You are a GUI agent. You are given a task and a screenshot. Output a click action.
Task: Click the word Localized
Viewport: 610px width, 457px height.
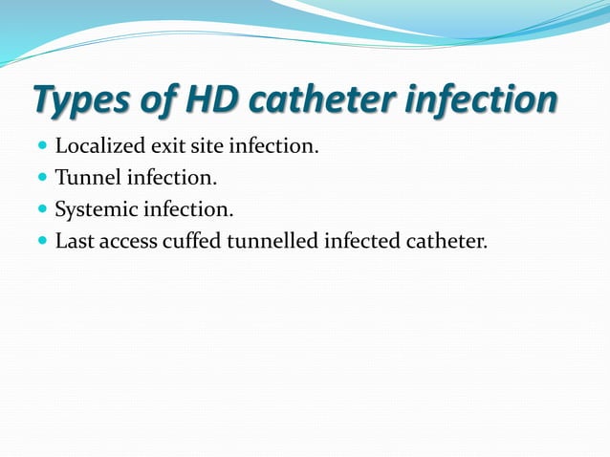coord(98,147)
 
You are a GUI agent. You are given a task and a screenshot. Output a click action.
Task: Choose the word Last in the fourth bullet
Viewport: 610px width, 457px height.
coord(74,241)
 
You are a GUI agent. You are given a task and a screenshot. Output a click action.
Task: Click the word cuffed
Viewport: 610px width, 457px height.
coord(195,241)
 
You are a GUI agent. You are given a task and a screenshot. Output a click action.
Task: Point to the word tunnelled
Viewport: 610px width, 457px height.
coord(273,241)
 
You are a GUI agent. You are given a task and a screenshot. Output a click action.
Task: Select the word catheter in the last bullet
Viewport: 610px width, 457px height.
coord(447,241)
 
